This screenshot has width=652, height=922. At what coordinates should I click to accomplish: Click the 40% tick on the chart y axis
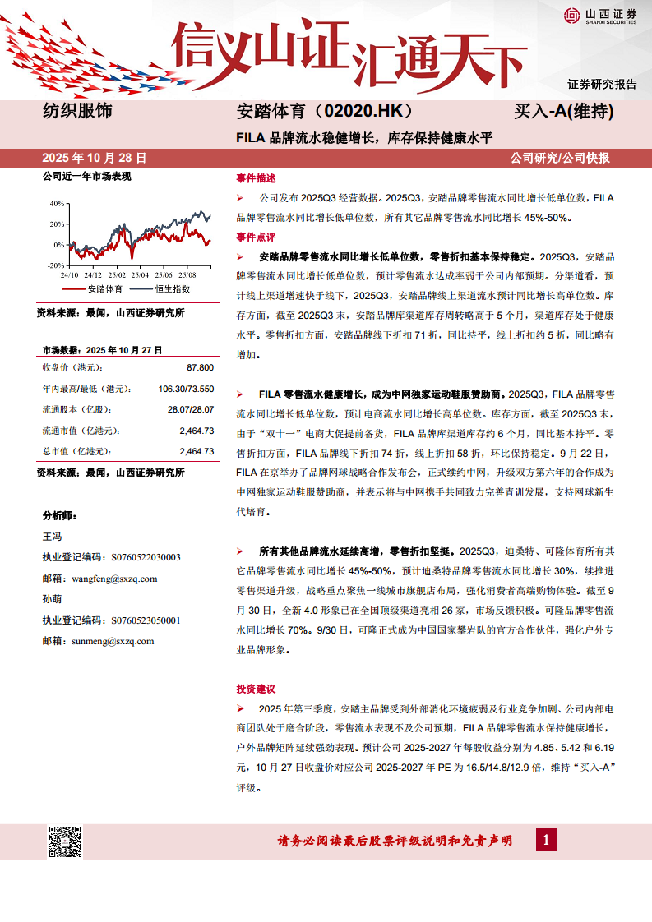(x=56, y=203)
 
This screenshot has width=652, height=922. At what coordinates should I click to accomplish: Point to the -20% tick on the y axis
(x=54, y=265)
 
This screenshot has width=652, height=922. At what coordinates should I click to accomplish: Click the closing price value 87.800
(x=200, y=367)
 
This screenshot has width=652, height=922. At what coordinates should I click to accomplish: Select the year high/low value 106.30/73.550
(x=186, y=389)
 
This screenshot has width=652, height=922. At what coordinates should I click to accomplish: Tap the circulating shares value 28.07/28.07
(x=190, y=409)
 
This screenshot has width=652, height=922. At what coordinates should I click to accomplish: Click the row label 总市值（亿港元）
(x=81, y=451)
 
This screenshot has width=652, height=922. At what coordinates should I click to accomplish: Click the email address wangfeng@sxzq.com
(x=114, y=579)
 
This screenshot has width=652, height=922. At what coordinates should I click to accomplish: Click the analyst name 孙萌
(x=52, y=600)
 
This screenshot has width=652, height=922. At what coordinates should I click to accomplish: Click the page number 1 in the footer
(x=546, y=840)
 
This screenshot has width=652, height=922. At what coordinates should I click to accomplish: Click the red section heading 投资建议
(x=256, y=689)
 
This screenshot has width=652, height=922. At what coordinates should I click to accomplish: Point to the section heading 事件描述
(x=256, y=177)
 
